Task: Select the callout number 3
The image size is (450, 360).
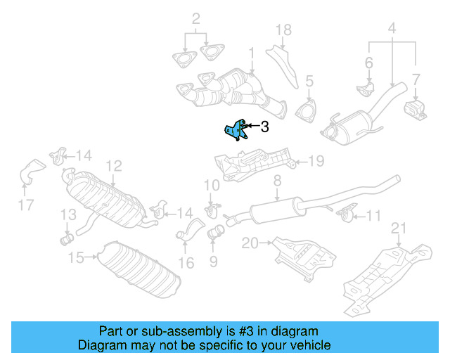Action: click(x=264, y=127)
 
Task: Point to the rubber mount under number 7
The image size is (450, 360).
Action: click(x=415, y=110)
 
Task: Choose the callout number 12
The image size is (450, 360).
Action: click(x=114, y=166)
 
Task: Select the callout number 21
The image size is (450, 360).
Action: click(x=399, y=227)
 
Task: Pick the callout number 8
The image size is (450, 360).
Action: click(x=277, y=181)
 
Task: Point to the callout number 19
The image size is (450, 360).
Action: click(x=316, y=162)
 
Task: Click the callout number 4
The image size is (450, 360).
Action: click(x=392, y=30)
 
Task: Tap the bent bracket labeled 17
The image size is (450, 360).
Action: click(x=32, y=172)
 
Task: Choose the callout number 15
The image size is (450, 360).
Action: click(x=76, y=258)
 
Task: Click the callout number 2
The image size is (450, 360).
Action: click(x=196, y=18)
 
